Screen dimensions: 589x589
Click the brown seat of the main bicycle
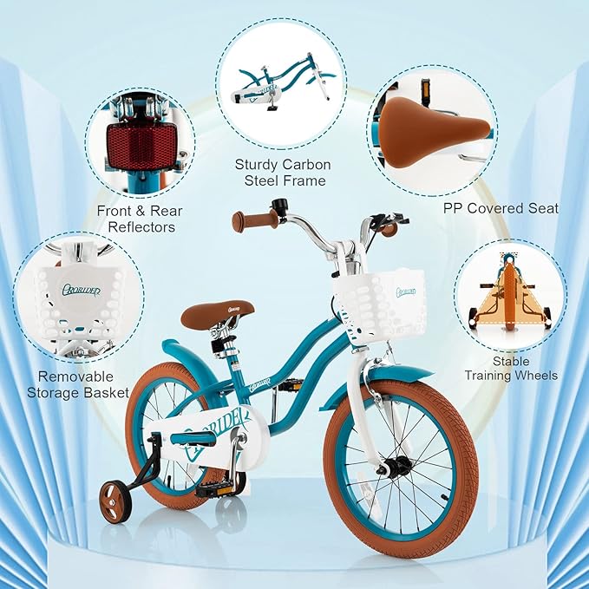[x=217, y=313]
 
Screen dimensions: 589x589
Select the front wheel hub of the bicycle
[x=397, y=468]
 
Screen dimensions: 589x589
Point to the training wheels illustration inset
[x=511, y=295]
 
